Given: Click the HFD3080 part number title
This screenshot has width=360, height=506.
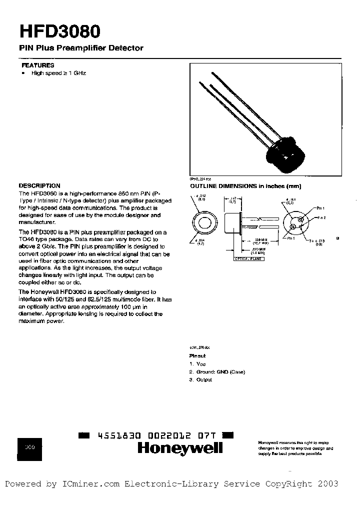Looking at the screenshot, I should pos(60,31).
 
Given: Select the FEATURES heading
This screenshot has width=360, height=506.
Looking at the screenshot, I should pos(37,65).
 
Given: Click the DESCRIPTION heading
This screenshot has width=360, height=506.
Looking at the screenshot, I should pos(39,185).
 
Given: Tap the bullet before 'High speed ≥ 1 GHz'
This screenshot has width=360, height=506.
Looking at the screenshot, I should pos(23,73).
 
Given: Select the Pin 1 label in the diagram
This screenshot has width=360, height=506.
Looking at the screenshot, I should pos(320,207).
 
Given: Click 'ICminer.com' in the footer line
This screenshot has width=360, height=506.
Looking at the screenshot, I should pos(90,483).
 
